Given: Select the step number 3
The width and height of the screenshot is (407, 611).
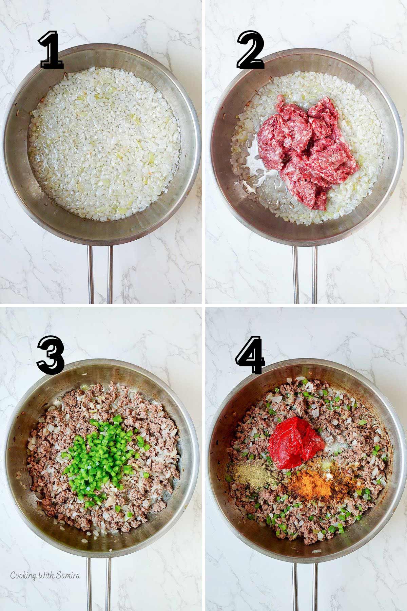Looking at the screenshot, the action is (51, 355).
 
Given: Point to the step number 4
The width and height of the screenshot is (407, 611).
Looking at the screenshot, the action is (250, 355).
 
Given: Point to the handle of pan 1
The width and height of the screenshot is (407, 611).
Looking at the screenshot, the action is (100, 273).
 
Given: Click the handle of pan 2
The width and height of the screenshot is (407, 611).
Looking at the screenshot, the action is (305, 273).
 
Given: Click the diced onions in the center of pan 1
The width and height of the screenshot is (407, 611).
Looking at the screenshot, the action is (102, 143).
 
